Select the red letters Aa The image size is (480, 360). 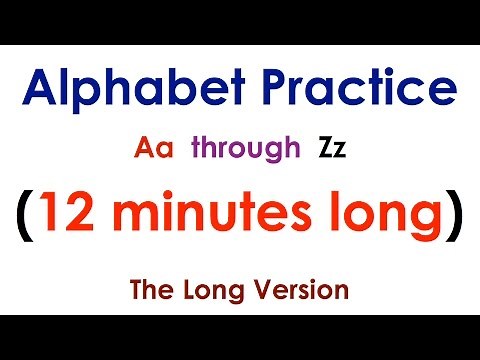pos(155,150)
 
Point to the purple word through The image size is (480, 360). pos(245,150)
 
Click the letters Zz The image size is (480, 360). pos(333,150)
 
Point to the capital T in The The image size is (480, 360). pos(136,291)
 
